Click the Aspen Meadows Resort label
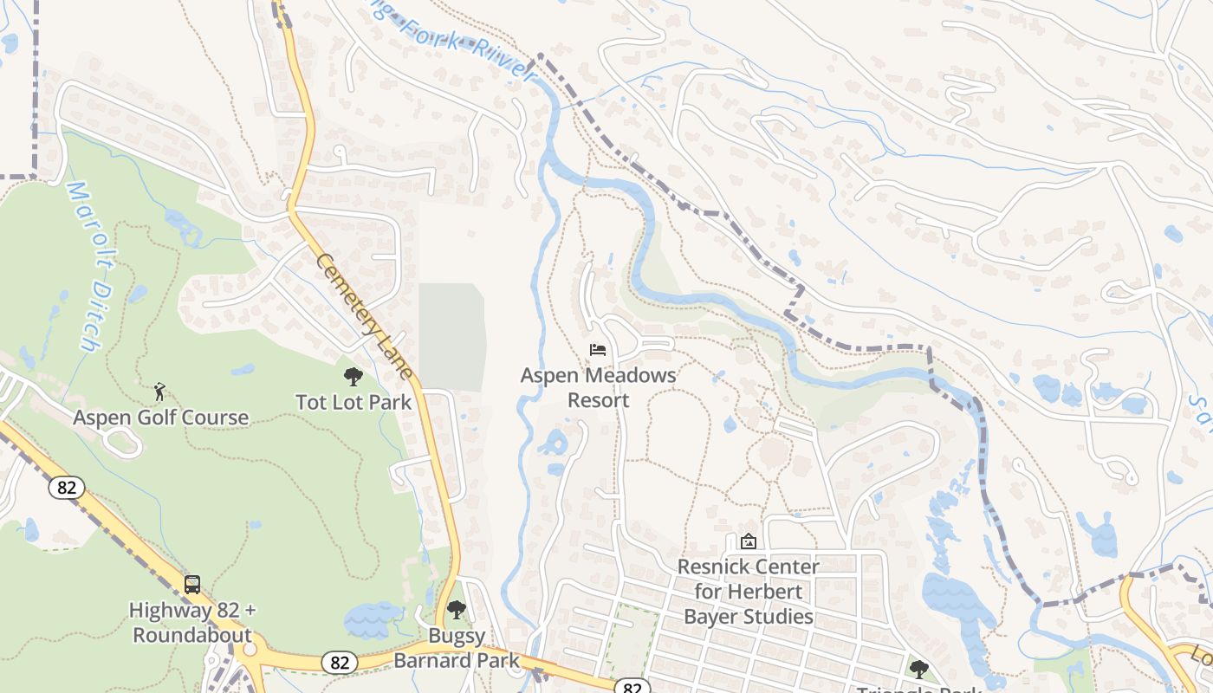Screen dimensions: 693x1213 point(598,388)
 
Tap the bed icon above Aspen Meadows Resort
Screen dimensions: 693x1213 point(598,350)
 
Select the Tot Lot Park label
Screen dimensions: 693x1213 point(354,403)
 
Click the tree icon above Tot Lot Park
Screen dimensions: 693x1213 point(353,377)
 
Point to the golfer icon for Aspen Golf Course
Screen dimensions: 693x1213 point(159,392)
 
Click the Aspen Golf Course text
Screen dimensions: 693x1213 point(161,418)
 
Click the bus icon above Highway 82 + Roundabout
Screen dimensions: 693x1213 point(192,585)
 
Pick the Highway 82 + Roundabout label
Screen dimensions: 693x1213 point(192,622)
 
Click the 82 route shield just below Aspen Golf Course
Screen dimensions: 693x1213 point(67,488)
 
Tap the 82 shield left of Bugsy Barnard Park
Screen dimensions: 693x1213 point(339,663)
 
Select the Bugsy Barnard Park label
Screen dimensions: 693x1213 point(457,648)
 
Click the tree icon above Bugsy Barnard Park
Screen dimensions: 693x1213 point(457,610)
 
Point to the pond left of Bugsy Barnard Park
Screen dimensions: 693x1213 point(373,620)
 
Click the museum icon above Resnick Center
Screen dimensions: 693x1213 point(749,541)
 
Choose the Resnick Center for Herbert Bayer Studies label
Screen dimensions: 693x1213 point(749,592)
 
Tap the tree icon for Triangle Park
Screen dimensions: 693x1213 point(918,669)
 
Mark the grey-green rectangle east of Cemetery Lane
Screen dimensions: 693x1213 point(451,336)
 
